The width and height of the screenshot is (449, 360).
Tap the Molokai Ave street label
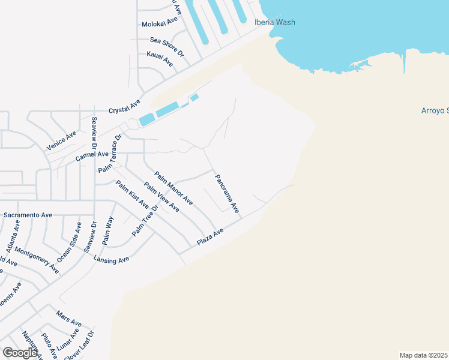160,22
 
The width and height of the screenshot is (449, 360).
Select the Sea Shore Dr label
167,46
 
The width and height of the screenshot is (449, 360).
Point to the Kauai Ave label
160,58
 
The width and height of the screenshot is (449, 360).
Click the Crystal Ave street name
124,106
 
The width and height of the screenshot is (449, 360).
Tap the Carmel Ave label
92,157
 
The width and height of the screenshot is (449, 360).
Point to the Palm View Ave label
161,197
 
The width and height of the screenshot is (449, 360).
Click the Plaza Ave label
210,236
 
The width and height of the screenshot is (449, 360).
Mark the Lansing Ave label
112,259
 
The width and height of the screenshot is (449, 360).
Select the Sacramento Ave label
28,214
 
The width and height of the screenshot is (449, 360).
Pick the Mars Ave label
68,319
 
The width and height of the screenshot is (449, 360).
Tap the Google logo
20,353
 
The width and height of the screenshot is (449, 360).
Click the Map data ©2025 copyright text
424,355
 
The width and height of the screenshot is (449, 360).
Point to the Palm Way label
107,231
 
